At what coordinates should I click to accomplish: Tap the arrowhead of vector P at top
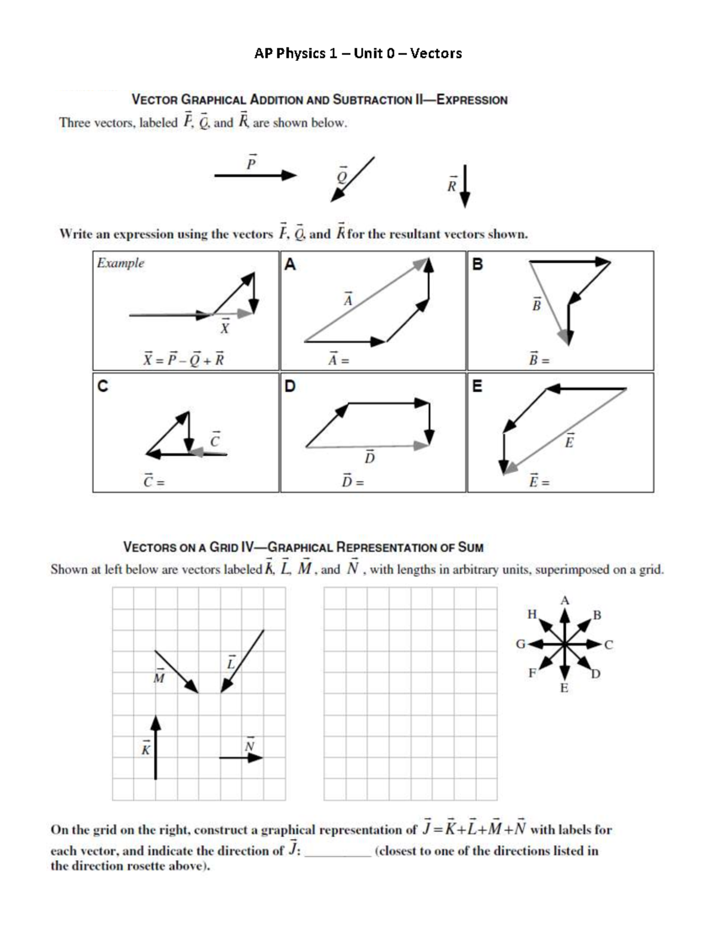point(290,175)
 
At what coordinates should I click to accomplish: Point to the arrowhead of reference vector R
point(465,201)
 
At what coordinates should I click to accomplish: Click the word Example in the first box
point(121,263)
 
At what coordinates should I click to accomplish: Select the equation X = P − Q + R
point(184,359)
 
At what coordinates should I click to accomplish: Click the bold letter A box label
point(290,264)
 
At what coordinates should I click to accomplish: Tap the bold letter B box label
point(477,264)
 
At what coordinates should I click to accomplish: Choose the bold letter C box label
point(103,386)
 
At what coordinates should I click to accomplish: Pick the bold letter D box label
point(290,386)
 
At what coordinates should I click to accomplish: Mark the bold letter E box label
point(477,386)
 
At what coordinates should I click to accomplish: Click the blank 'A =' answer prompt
point(338,360)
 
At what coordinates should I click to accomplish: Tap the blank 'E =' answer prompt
point(539,481)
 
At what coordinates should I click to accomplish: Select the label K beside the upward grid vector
point(145,749)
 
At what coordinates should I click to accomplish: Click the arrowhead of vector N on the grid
point(257,757)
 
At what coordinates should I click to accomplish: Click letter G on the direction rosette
point(520,644)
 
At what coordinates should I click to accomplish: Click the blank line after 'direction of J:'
point(338,852)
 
